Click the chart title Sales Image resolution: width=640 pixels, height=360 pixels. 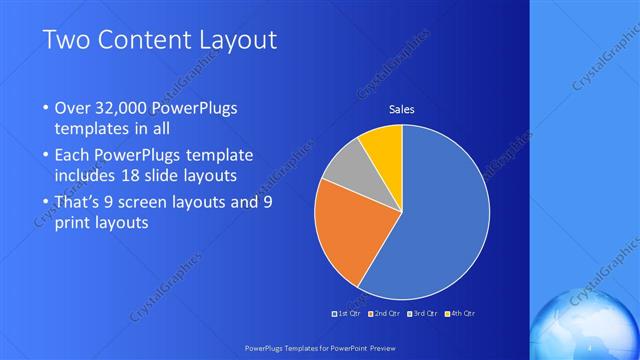(x=401, y=109)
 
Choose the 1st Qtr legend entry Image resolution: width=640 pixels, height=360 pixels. (x=346, y=314)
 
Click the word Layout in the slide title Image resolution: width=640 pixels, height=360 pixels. (x=236, y=41)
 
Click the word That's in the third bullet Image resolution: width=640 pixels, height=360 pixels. (x=79, y=202)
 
